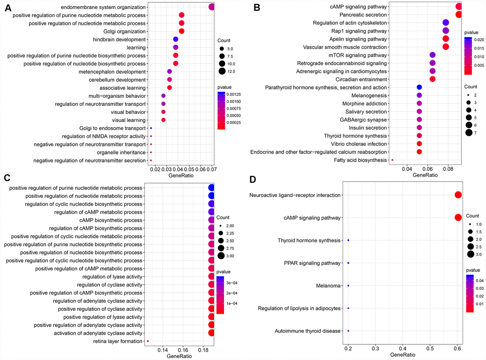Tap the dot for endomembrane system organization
(x=212, y=7)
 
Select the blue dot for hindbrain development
(x=175, y=40)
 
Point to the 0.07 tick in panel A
(x=212, y=169)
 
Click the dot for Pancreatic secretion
(x=458, y=15)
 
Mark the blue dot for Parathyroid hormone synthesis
(x=419, y=87)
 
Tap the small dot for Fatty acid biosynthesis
(x=392, y=160)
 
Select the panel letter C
(x=7, y=179)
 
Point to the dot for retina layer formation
(x=148, y=341)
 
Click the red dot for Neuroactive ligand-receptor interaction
(x=458, y=195)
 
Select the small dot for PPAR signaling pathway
(x=348, y=263)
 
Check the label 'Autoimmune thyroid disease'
(x=309, y=331)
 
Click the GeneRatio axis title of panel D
(x=403, y=355)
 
